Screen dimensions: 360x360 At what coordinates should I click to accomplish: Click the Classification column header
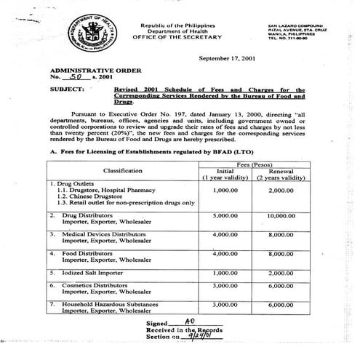(x=122, y=169)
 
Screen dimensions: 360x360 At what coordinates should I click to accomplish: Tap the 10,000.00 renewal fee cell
(x=295, y=216)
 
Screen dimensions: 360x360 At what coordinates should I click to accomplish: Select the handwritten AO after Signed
(x=190, y=321)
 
